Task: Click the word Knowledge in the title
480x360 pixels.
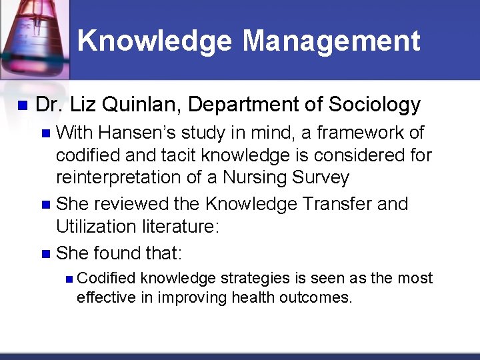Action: (x=155, y=41)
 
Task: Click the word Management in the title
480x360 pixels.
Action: (x=331, y=41)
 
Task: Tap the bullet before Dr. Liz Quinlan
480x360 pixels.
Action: (x=21, y=105)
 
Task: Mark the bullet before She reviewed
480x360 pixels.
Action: (x=45, y=204)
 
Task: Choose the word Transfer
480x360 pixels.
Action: (x=336, y=203)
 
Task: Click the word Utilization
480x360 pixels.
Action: (x=99, y=227)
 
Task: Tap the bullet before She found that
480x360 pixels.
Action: (x=45, y=254)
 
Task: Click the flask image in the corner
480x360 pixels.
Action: (x=33, y=33)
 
